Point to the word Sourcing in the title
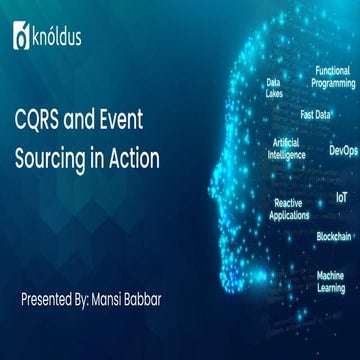pyautogui.click(x=76, y=158)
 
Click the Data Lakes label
pyautogui.click(x=274, y=88)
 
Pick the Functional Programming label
pyautogui.click(x=332, y=77)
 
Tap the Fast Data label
pyautogui.click(x=315, y=114)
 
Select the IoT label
pyautogui.click(x=341, y=198)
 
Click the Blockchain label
pyautogui.click(x=333, y=236)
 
